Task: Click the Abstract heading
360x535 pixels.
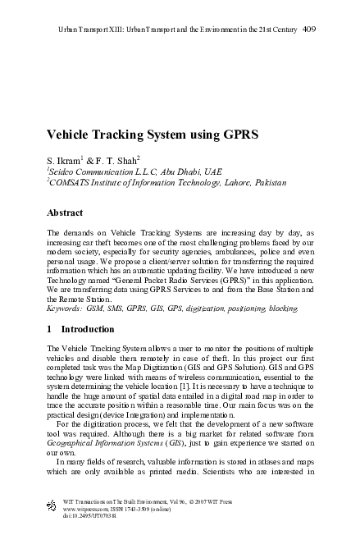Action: pos(66,212)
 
